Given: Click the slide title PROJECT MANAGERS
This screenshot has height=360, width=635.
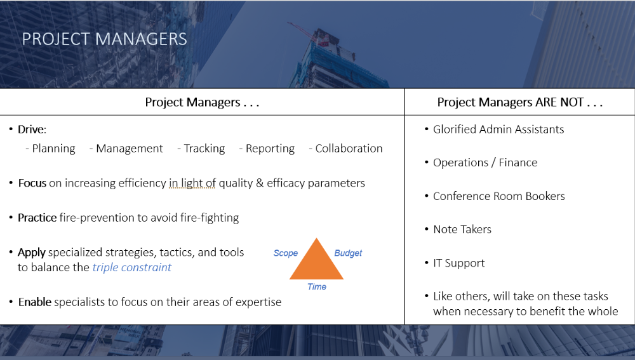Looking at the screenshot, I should [104, 39].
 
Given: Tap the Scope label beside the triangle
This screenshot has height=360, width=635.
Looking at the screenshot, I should [285, 253].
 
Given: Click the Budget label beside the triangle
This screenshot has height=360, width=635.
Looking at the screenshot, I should [348, 253].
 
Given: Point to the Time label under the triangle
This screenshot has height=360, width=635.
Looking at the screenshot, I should [316, 286].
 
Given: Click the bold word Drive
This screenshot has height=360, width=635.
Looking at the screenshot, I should [31, 130].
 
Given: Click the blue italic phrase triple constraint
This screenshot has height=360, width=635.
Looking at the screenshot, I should [131, 267].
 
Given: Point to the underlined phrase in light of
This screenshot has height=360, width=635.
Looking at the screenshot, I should [192, 183].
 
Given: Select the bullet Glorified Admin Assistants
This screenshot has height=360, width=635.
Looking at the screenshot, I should [498, 130].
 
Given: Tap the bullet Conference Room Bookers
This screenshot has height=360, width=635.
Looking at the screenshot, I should [498, 196].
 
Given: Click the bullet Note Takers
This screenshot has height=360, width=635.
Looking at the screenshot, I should [462, 229].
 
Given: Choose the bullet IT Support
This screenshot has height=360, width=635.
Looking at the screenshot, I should [458, 263].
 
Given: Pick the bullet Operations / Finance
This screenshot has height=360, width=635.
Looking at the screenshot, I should [485, 163].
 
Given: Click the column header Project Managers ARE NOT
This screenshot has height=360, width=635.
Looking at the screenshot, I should [519, 102].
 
